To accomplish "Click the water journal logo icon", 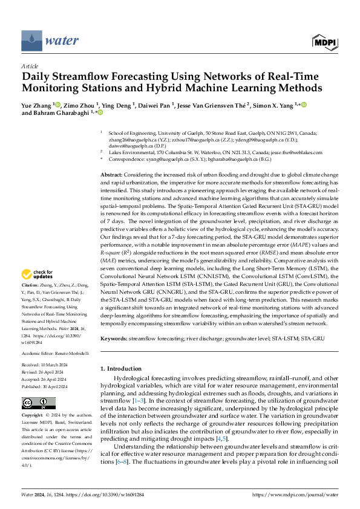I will (x=31, y=41).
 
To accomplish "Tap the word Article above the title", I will (x=30, y=66).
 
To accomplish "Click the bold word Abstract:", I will (x=113, y=174).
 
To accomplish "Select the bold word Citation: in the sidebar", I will (x=30, y=284).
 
